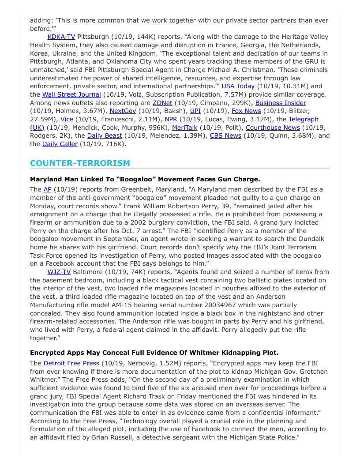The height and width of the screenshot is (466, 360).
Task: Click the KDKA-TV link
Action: point(61,36)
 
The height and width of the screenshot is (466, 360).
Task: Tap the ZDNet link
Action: point(162,103)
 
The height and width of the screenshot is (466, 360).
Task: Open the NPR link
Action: point(171,119)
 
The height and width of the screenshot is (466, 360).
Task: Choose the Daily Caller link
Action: point(60,144)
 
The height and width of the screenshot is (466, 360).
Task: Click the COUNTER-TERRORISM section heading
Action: point(80,163)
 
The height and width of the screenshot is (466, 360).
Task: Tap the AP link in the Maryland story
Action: point(48,189)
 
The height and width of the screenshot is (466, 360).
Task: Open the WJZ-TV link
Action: point(59,272)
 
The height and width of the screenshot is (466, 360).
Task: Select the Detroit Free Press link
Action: point(71,363)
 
